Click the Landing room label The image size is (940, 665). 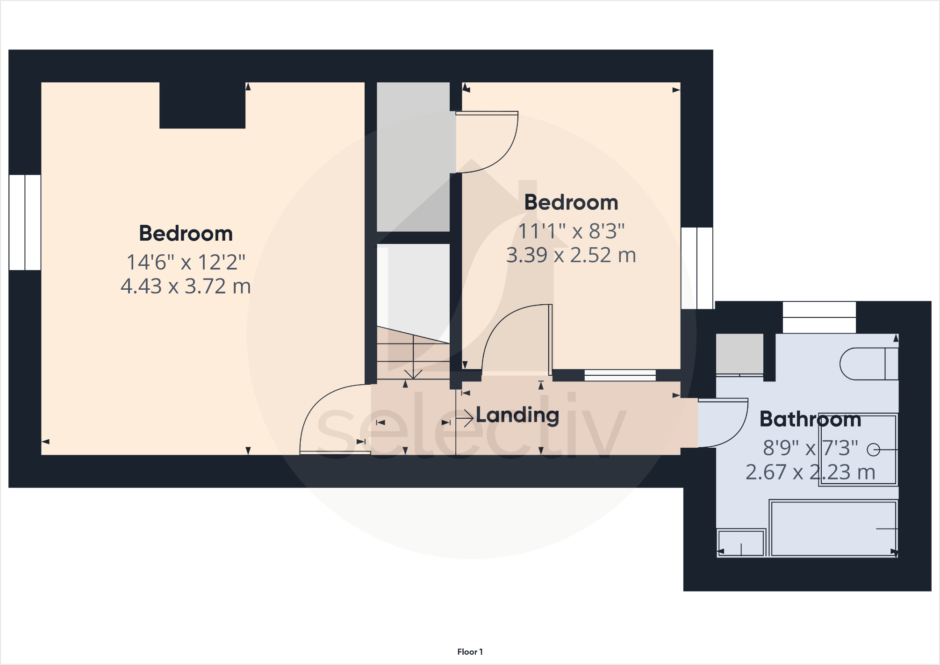point(517,415)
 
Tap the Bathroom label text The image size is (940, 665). point(810,419)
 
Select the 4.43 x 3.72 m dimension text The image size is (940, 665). point(186,286)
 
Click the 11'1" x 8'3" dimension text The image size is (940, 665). point(571,231)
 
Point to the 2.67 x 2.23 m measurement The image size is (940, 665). point(810,472)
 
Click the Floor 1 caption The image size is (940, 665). point(470,651)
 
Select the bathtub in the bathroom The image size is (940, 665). point(833,529)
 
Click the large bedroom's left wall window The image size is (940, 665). point(25,222)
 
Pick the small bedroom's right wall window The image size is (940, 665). point(697,268)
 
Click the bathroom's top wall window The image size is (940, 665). point(819,317)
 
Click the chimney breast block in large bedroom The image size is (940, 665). point(202,105)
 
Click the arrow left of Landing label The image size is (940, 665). point(464,418)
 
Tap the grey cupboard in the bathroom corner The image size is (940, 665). point(739,354)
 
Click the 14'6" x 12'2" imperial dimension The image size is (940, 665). point(186,262)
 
